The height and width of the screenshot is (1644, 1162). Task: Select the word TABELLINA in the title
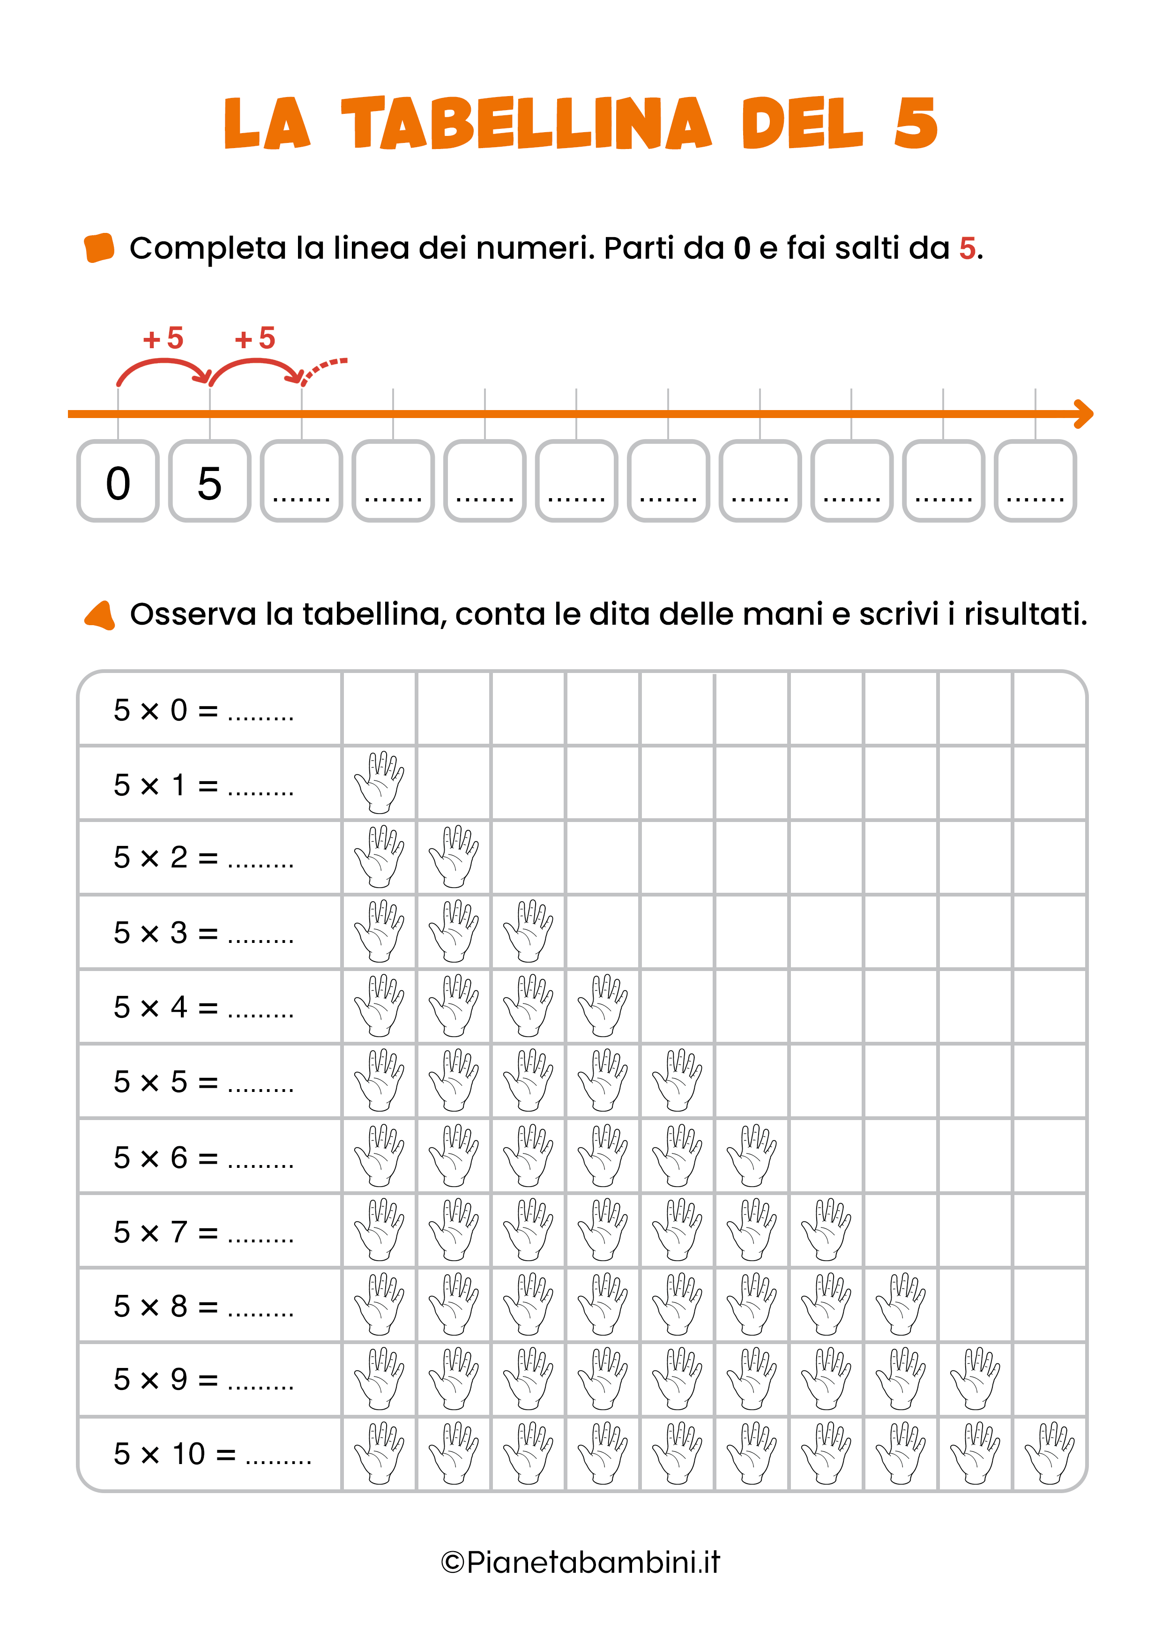click(x=526, y=124)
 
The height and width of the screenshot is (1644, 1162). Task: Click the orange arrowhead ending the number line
click(x=1085, y=414)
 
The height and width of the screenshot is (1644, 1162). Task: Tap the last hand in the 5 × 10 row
click(x=1050, y=1454)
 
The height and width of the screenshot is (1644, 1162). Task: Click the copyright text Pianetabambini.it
click(x=581, y=1563)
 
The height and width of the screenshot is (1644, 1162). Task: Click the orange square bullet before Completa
click(x=99, y=248)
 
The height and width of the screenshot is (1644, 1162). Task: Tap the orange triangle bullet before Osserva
click(x=100, y=615)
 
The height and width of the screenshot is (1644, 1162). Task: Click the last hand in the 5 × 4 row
click(x=603, y=1005)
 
